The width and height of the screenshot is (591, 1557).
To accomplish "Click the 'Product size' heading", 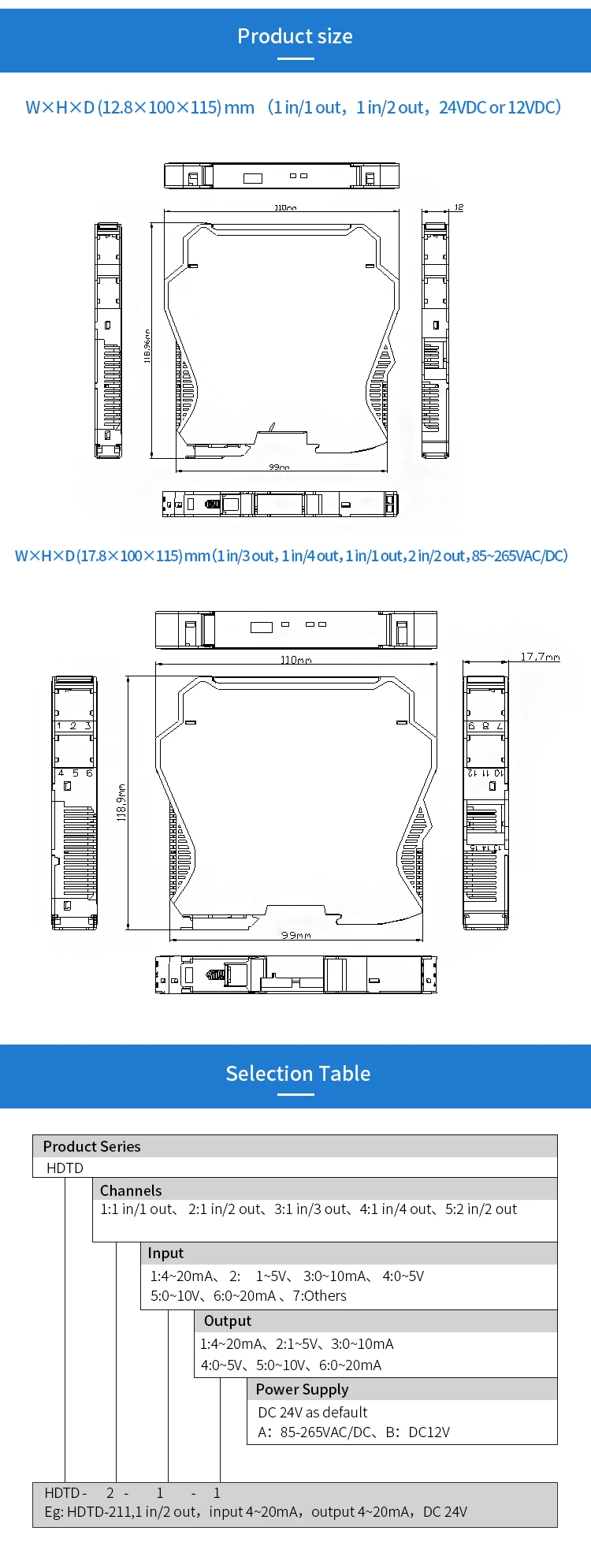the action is [x=295, y=36].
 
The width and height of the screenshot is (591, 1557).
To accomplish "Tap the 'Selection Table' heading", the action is [x=298, y=1073].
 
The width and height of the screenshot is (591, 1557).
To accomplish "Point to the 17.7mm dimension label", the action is [x=540, y=657].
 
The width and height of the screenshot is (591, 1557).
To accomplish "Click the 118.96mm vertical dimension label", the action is [x=147, y=346].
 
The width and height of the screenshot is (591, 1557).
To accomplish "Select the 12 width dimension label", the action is [x=459, y=207].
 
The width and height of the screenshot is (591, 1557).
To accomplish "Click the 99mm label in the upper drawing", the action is [x=279, y=467].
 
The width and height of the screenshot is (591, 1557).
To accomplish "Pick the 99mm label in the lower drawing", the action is [x=296, y=935].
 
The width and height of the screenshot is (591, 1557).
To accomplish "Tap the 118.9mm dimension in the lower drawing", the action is [x=122, y=803].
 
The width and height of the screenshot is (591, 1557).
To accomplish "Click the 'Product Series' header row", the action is [x=92, y=1146].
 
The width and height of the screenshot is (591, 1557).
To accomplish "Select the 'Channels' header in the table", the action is [x=131, y=1190].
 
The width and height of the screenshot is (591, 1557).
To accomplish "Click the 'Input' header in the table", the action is [x=165, y=1253].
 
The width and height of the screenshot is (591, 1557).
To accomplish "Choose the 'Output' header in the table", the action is [x=228, y=1320].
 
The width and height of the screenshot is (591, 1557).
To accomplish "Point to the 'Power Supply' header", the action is [x=302, y=1389].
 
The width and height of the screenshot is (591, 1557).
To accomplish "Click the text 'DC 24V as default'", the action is [x=313, y=1412].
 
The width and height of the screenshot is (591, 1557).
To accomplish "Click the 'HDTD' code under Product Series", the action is [x=65, y=1168].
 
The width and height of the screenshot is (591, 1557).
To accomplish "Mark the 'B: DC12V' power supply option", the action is [x=418, y=1432].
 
